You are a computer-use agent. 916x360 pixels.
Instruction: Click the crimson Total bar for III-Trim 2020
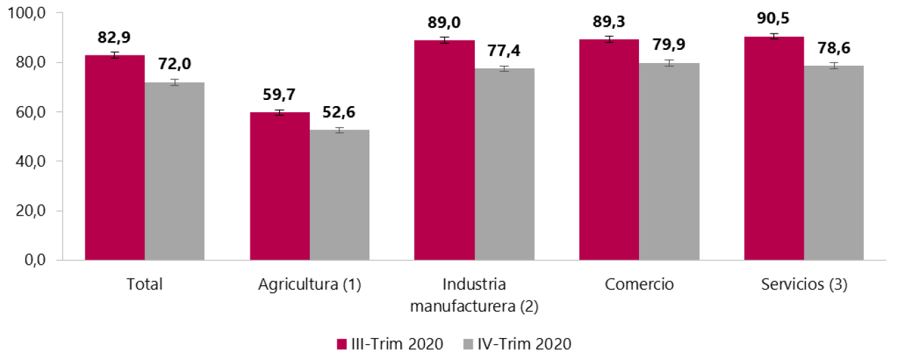click(x=114, y=157)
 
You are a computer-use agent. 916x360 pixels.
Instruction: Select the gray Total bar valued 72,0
click(x=174, y=171)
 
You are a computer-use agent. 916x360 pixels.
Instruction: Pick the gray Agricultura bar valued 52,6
click(x=339, y=195)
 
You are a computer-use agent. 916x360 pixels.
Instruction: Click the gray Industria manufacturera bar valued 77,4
click(x=504, y=164)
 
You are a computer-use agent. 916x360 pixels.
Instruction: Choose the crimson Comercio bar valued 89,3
click(x=609, y=150)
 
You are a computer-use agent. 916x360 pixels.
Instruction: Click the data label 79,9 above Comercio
click(x=669, y=45)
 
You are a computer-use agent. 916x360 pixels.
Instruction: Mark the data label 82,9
click(x=114, y=38)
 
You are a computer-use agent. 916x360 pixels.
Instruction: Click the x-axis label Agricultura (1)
click(x=309, y=285)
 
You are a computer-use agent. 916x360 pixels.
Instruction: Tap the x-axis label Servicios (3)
click(x=804, y=285)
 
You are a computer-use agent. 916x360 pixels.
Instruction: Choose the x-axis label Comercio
click(x=639, y=285)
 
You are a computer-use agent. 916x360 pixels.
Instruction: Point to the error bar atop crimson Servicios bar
click(x=774, y=36)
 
